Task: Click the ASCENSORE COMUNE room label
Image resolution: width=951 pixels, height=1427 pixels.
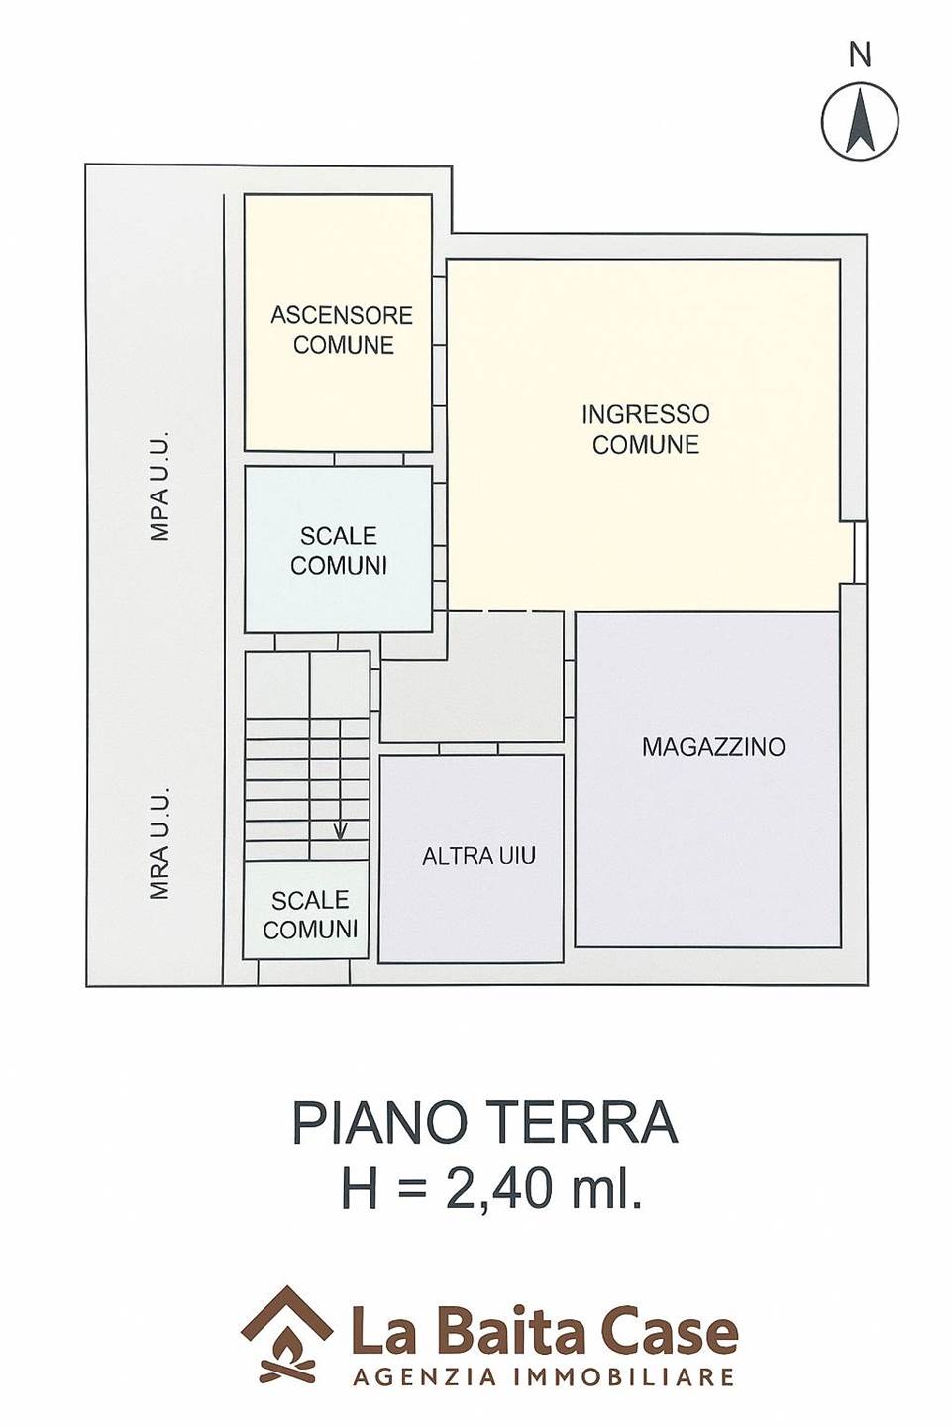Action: coord(342,330)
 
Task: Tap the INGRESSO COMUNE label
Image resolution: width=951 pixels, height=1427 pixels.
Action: coord(645,429)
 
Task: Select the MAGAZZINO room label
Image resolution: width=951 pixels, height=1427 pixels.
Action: coord(713,746)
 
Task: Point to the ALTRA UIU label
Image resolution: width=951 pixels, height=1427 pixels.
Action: coord(479,856)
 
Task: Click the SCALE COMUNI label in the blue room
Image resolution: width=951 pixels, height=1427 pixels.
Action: coord(339,550)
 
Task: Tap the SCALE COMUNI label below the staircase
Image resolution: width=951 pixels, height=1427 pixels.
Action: coord(309,915)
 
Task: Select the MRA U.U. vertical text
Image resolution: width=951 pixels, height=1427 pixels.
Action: coord(159,842)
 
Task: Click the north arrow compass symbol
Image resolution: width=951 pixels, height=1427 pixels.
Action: coord(860,121)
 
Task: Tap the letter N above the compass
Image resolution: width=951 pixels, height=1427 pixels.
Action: coord(860,56)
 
